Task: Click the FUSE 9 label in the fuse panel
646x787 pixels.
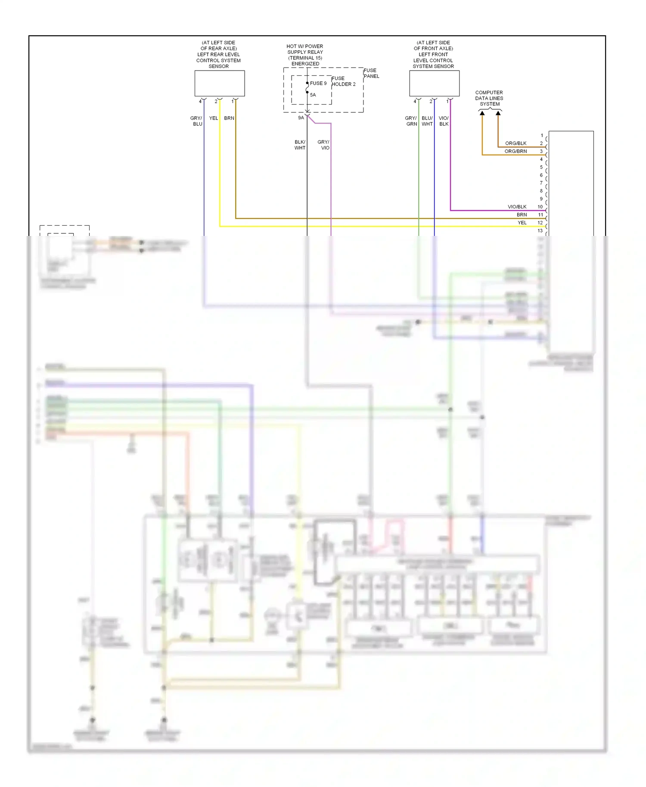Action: click(x=318, y=83)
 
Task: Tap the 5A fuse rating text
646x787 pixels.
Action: click(x=313, y=95)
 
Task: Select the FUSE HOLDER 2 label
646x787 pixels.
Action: click(x=343, y=81)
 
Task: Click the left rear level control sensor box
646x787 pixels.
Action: click(x=220, y=83)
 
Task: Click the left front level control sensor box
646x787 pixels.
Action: click(x=434, y=83)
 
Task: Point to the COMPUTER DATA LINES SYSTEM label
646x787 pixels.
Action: click(x=489, y=98)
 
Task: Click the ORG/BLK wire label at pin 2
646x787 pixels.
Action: click(x=516, y=143)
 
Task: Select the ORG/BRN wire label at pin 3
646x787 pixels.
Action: click(x=516, y=151)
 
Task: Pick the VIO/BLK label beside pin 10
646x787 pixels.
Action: click(x=517, y=207)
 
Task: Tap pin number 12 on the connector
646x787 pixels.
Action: click(x=540, y=223)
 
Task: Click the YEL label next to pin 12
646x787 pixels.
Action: click(x=522, y=223)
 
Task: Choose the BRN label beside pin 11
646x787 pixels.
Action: click(x=522, y=214)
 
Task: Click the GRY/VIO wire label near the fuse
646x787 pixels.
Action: click(x=324, y=145)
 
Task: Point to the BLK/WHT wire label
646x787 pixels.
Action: click(x=300, y=145)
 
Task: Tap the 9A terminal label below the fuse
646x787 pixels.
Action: click(x=301, y=118)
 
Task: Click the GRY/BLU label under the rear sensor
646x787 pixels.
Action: click(x=196, y=121)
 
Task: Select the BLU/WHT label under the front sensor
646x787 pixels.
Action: click(x=427, y=121)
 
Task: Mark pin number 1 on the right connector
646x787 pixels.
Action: click(x=542, y=135)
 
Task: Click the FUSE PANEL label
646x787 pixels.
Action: click(x=371, y=73)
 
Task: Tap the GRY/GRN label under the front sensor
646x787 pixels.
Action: click(x=411, y=121)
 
